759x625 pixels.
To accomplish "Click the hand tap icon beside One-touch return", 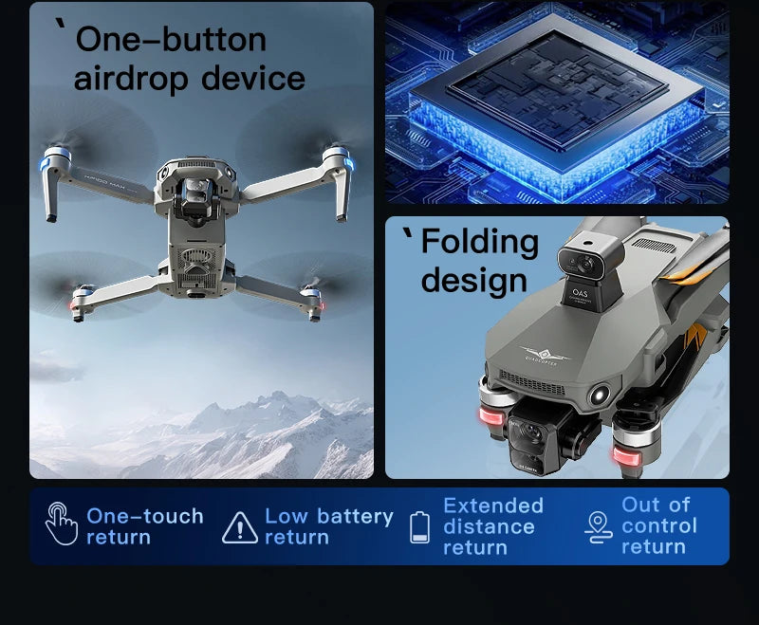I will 60,524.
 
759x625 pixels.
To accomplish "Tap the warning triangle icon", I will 239,526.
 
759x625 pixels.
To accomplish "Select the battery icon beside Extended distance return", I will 419,526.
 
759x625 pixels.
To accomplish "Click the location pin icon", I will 599,526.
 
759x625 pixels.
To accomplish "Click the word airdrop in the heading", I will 125,79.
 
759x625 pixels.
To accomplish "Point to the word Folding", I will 479,242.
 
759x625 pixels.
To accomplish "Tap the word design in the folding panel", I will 473,281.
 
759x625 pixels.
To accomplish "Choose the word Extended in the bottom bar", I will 492,506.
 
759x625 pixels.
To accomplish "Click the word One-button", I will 171,40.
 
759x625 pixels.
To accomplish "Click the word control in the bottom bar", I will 659,525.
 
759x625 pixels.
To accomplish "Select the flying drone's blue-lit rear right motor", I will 337,158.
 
